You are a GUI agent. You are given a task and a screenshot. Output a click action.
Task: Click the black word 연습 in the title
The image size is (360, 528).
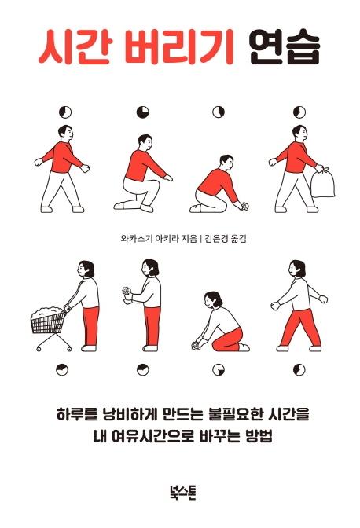(x=285, y=49)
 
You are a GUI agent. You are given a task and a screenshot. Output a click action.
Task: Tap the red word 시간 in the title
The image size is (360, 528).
(x=74, y=48)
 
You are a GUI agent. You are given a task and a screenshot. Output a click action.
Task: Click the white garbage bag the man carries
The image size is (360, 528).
(x=322, y=183)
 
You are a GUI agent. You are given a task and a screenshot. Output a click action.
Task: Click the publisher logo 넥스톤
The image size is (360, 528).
(x=183, y=493)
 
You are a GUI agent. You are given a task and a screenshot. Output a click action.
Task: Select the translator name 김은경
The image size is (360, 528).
(x=215, y=239)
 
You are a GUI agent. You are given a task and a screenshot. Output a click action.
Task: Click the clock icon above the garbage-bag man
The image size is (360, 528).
(x=299, y=112)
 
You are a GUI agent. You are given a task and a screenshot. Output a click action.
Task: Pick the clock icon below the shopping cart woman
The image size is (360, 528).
(x=62, y=369)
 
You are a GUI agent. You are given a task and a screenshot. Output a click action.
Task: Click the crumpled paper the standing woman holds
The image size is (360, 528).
(x=126, y=290)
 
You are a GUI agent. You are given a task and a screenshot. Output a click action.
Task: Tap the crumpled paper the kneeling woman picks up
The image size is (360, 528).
(x=196, y=346)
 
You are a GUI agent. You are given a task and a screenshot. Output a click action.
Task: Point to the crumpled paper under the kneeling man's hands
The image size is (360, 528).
(x=245, y=205)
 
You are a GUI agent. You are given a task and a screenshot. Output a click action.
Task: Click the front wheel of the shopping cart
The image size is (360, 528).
(x=39, y=349)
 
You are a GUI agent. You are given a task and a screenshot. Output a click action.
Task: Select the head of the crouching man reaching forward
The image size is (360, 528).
(x=145, y=143)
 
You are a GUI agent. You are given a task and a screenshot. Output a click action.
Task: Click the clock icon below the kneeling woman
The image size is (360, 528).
(x=219, y=369)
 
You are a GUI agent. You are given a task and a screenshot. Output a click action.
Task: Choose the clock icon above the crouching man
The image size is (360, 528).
(x=143, y=112)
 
